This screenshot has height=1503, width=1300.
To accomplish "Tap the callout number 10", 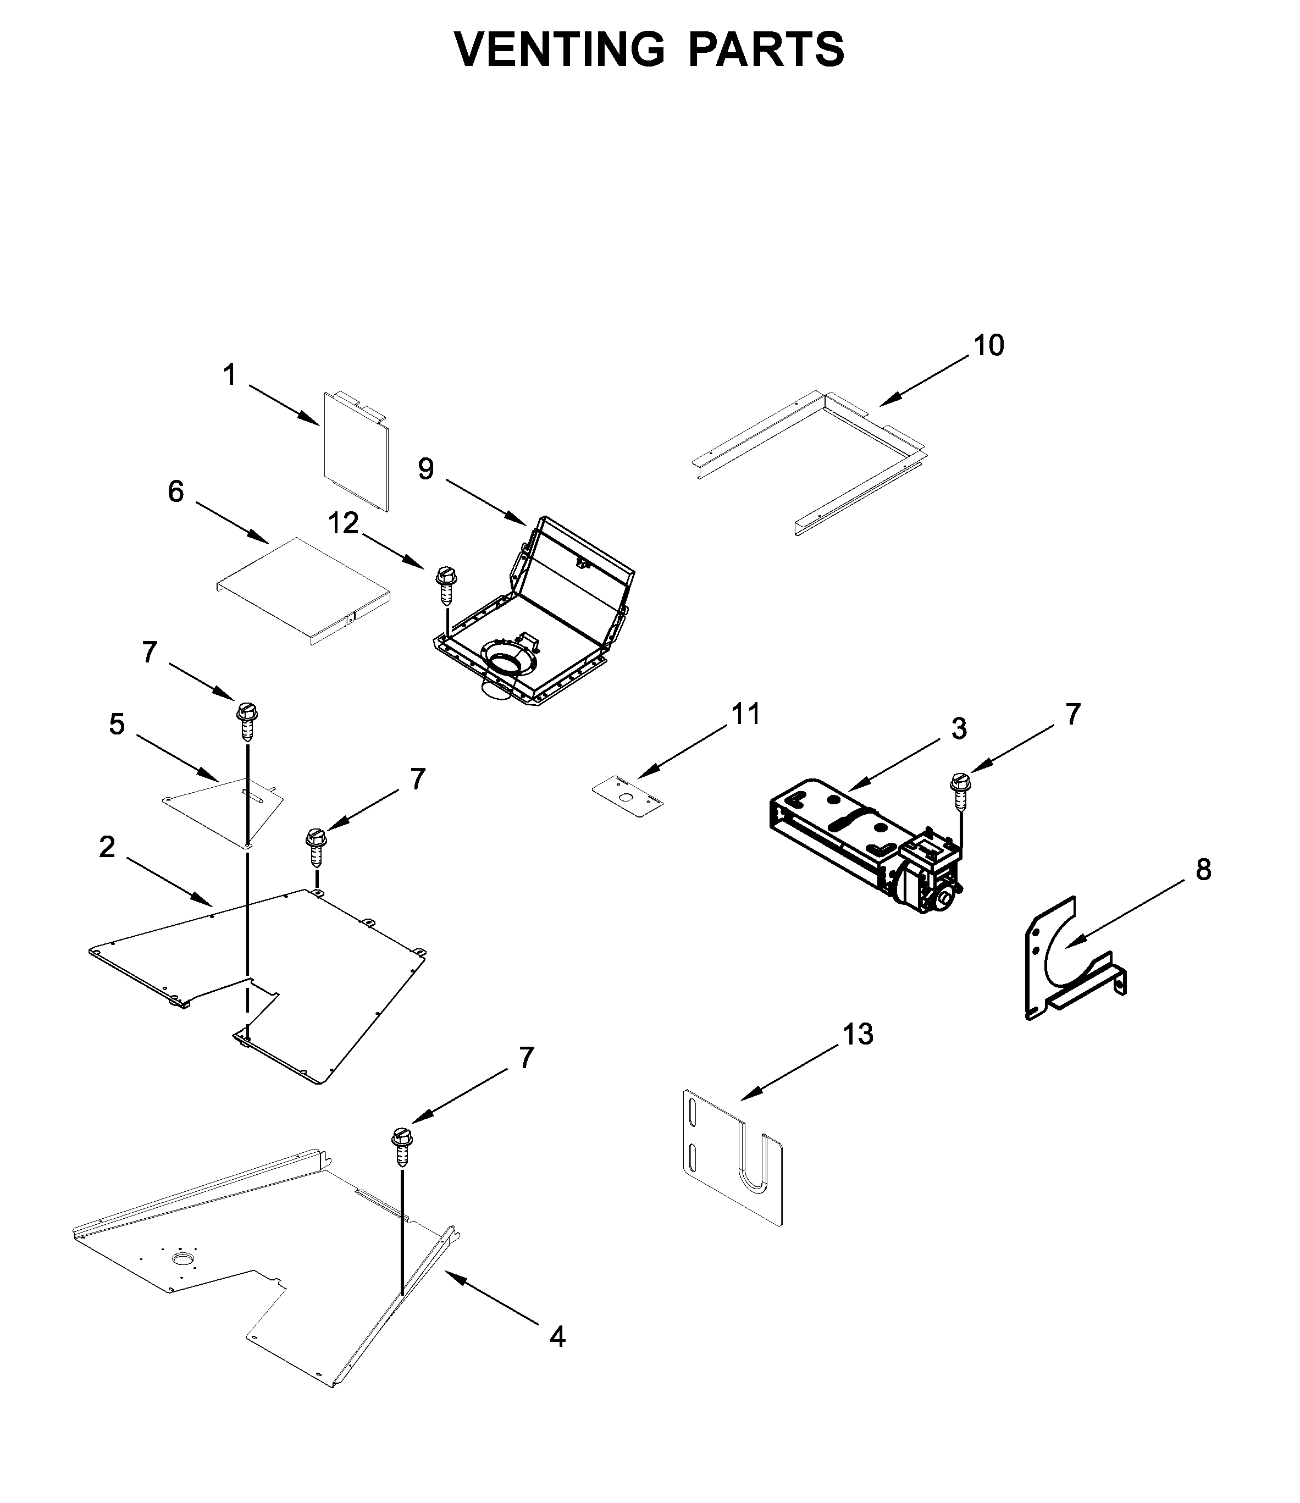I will click(988, 346).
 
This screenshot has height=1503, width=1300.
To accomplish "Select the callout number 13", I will click(858, 1035).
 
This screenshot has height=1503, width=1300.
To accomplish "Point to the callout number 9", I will click(426, 469).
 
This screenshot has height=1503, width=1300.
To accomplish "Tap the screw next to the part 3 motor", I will click(960, 792).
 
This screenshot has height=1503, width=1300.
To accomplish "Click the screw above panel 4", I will click(402, 1146).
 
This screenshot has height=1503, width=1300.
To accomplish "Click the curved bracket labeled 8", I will click(1066, 958).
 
